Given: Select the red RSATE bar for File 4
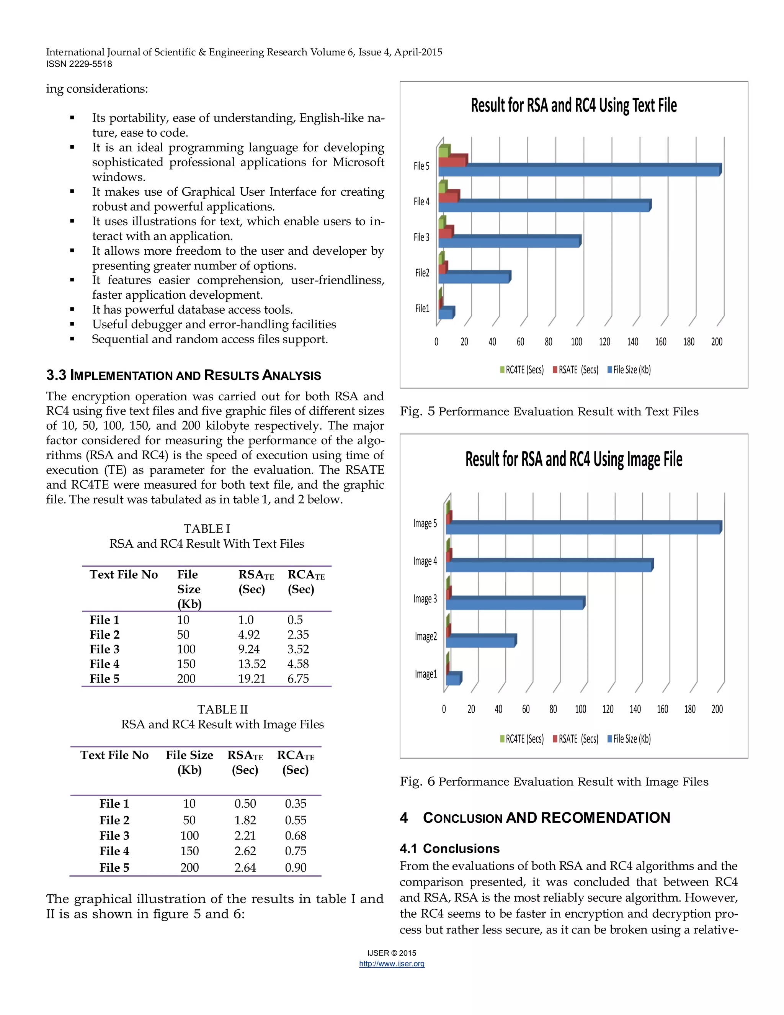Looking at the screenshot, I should [448, 198].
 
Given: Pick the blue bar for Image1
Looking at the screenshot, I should [452, 680].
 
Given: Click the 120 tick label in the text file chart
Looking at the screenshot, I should [604, 342].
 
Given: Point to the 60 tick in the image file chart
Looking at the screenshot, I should [526, 709].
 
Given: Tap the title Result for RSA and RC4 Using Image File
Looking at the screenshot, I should [573, 459].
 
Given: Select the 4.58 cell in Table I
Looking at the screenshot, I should [298, 664].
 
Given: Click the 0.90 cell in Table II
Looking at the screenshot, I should [296, 867].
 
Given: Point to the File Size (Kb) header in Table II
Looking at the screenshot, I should [189, 762].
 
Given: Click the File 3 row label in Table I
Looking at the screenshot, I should [105, 649].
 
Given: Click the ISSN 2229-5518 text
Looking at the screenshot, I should [79, 64].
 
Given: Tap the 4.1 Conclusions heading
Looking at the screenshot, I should [449, 849].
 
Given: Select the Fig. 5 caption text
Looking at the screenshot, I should [549, 411].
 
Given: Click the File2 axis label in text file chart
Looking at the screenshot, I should [422, 273].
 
